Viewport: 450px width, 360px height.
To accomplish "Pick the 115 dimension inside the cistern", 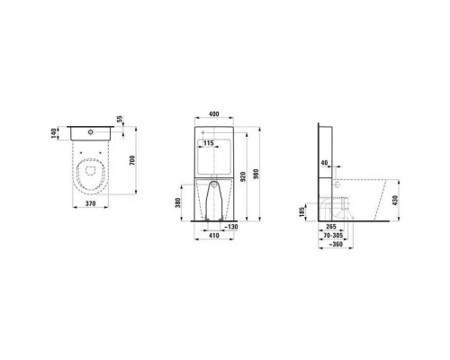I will coord(209,144).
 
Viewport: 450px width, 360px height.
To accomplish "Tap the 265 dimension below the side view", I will coord(332,227).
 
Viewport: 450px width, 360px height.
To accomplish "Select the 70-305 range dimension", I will coord(336,236).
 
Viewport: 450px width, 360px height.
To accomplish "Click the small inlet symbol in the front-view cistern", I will coord(203,132).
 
